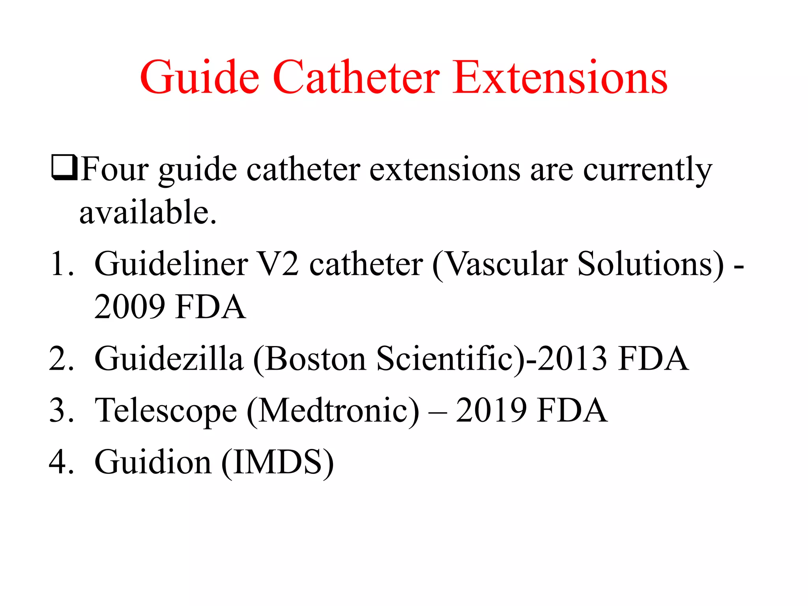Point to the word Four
[x=115, y=170]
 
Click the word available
[x=148, y=212]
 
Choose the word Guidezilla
[x=169, y=359]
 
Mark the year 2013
[x=572, y=359]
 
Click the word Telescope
[x=166, y=411]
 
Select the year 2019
[x=491, y=411]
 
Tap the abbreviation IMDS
[x=277, y=462]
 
